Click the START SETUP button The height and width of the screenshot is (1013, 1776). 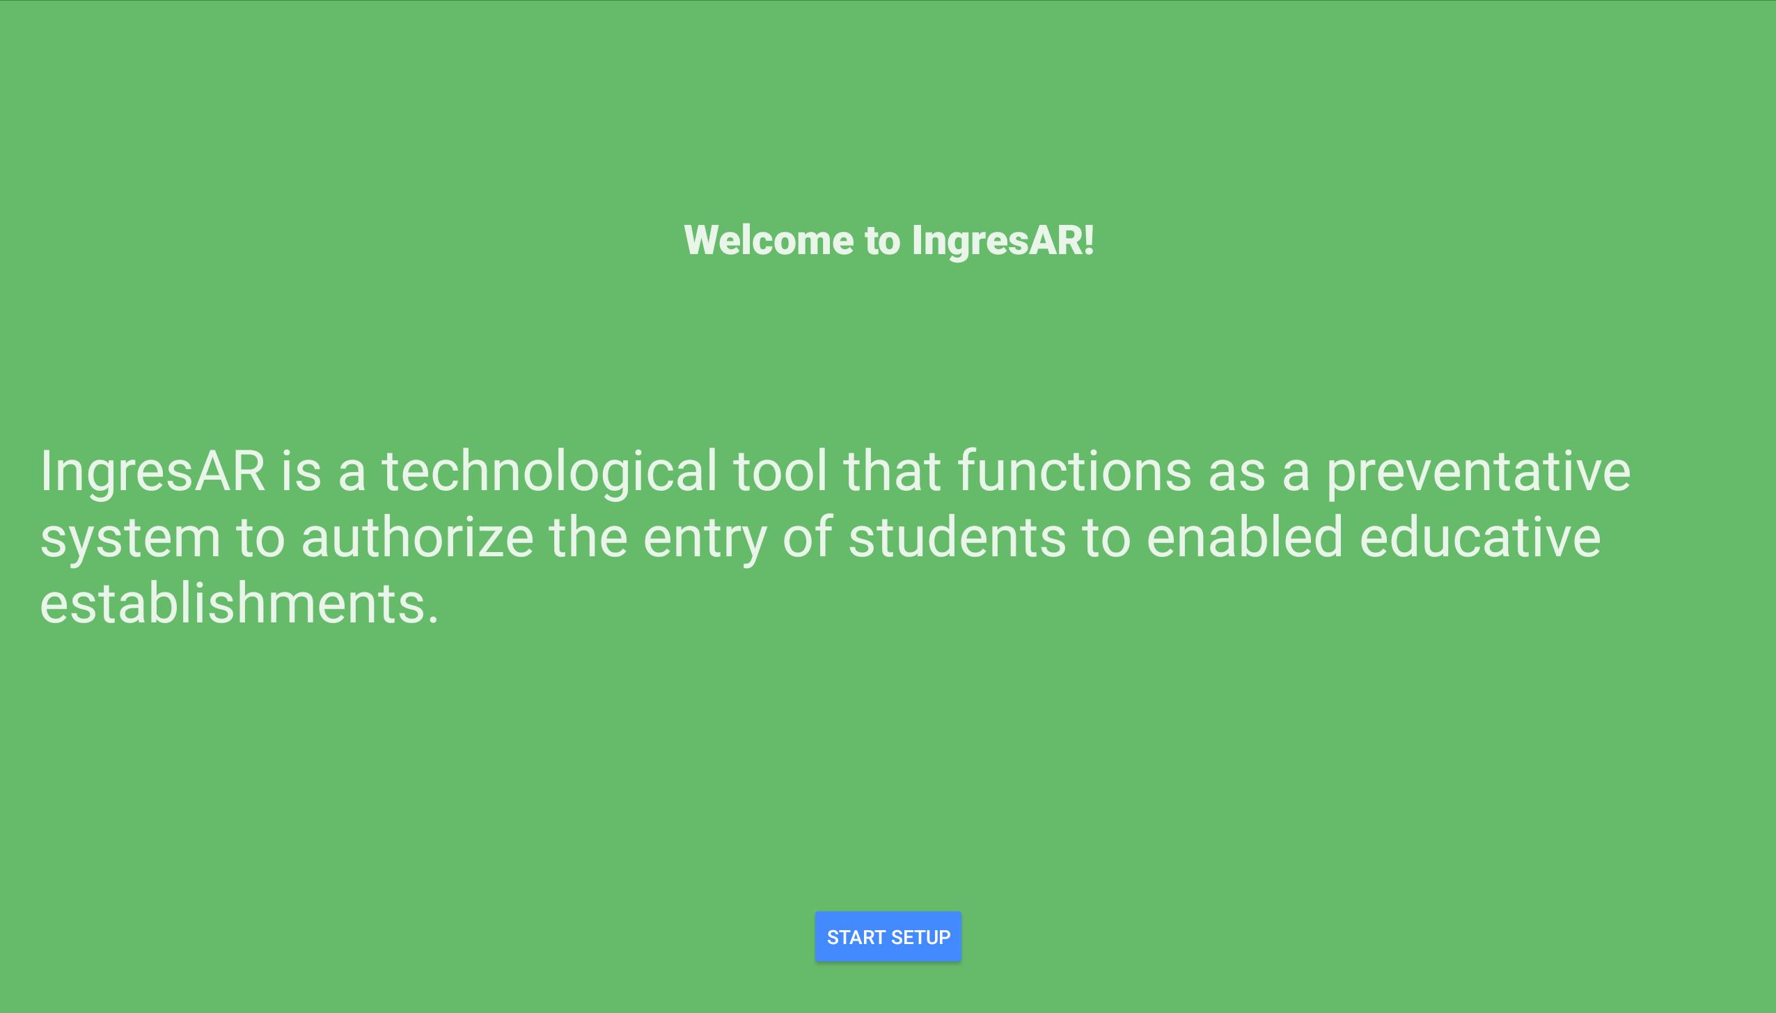click(x=888, y=936)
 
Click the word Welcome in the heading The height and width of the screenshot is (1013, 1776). click(x=769, y=240)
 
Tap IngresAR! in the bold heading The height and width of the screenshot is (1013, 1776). click(x=1003, y=242)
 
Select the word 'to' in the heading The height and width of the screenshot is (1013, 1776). click(x=882, y=241)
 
